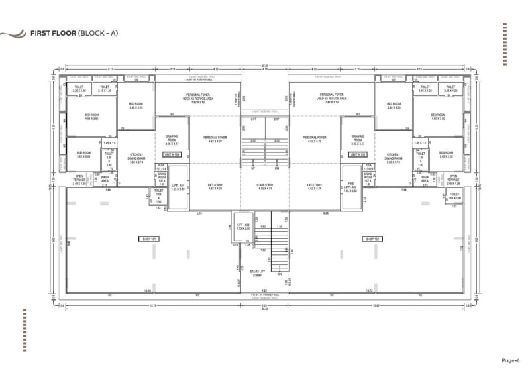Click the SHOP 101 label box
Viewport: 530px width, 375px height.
pyautogui.click(x=146, y=238)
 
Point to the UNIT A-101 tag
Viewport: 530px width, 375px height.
pyautogui.click(x=358, y=154)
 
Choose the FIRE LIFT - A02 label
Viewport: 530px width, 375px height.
pyautogui.click(x=352, y=187)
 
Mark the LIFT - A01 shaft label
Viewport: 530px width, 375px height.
pyautogui.click(x=178, y=187)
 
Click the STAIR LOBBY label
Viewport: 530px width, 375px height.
pyautogui.click(x=265, y=187)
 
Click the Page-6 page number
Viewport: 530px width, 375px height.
pyautogui.click(x=510, y=361)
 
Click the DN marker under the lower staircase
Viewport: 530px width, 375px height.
pyautogui.click(x=280, y=274)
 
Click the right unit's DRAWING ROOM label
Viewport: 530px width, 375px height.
pyautogui.click(x=358, y=138)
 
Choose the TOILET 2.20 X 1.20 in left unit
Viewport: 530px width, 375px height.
pyautogui.click(x=80, y=88)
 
